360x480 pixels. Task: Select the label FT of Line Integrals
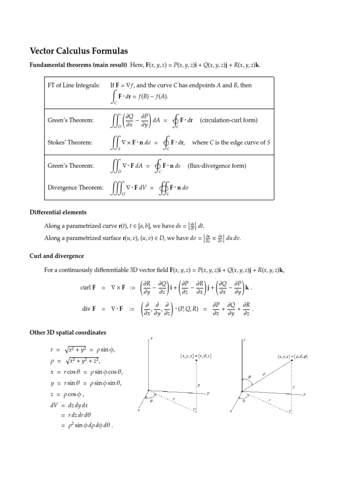[x=74, y=85]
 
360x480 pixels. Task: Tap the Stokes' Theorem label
[x=70, y=142]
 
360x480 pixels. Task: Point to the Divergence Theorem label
[x=75, y=187]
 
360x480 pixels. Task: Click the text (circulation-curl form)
[x=229, y=120]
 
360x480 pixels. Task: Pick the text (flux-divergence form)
[x=217, y=165]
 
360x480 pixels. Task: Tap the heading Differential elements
[x=58, y=212]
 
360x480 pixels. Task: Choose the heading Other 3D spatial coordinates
[x=68, y=333]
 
